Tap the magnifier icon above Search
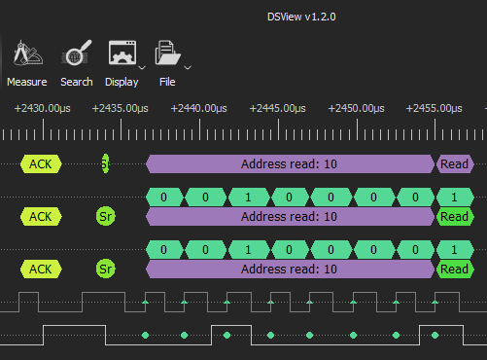pyautogui.click(x=77, y=54)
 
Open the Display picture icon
pyautogui.click(x=122, y=54)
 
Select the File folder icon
pyautogui.click(x=166, y=54)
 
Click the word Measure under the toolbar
pyautogui.click(x=27, y=83)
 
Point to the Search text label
pyautogui.click(x=77, y=83)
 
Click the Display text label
pyautogui.click(x=122, y=83)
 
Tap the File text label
pyautogui.click(x=167, y=83)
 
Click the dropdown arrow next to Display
pyautogui.click(x=143, y=67)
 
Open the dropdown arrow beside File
pyautogui.click(x=188, y=67)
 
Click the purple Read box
pyautogui.click(x=454, y=164)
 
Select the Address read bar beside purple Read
pyautogui.click(x=289, y=164)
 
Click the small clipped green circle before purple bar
pyautogui.click(x=105, y=164)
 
